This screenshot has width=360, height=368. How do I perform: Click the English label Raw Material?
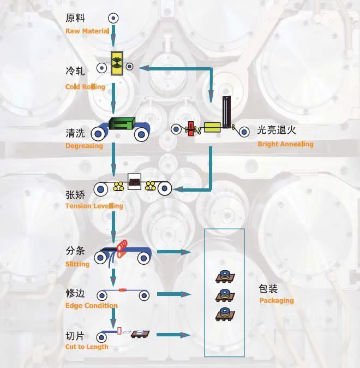click(x=87, y=31)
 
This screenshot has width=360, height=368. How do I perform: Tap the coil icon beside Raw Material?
click(x=113, y=17)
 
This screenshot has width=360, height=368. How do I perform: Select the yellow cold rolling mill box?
click(x=116, y=63)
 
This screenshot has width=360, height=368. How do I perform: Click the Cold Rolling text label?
click(x=85, y=87)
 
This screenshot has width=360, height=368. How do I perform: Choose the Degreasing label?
click(x=84, y=146)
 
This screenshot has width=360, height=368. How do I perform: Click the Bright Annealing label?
click(x=285, y=144)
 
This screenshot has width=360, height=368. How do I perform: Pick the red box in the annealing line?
click(x=191, y=130)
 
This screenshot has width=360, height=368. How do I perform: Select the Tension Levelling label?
click(x=94, y=206)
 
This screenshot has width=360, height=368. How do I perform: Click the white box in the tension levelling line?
click(x=134, y=182)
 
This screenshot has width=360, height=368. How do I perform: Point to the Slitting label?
click(x=78, y=264)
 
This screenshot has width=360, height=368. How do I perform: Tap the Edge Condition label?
click(x=91, y=305)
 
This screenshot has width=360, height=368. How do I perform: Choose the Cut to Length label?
click(x=87, y=347)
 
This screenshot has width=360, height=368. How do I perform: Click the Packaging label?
click(x=277, y=300)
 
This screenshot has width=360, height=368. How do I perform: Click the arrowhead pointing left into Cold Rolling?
click(x=143, y=68)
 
